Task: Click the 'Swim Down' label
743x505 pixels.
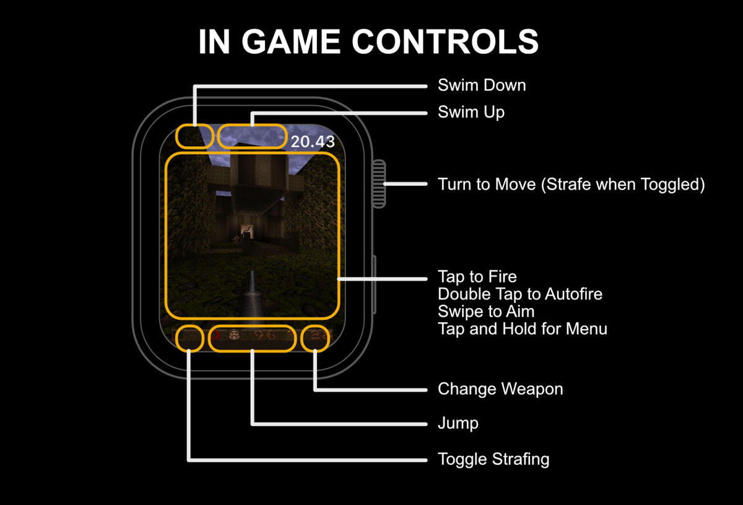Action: point(482,85)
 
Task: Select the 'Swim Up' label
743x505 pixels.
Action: point(471,112)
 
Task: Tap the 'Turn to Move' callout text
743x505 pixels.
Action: point(571,184)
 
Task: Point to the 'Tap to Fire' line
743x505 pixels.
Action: point(477,276)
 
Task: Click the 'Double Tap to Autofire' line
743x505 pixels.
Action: point(519,294)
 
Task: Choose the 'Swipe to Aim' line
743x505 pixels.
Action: point(485,311)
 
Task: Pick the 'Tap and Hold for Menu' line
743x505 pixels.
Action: point(522,328)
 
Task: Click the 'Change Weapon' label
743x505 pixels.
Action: point(500,389)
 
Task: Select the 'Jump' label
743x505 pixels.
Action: point(458,424)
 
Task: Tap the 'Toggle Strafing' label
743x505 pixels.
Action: point(493,459)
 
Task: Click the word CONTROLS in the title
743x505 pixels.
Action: point(445,42)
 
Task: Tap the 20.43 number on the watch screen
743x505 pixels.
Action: point(313,141)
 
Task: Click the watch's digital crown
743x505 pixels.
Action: point(378,183)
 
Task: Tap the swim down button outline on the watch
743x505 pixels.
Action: point(194,137)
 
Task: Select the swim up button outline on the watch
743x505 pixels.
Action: point(252,137)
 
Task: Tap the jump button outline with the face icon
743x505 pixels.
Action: point(252,338)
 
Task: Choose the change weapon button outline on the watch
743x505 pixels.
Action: point(315,338)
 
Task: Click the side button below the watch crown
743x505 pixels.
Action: point(375,285)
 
